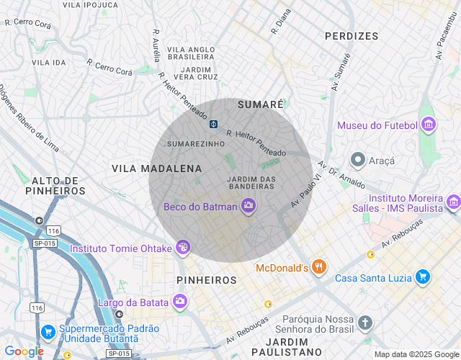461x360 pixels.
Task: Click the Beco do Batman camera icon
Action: [249, 207]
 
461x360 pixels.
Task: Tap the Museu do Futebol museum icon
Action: [429, 125]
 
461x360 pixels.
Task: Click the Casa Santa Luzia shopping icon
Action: [423, 277]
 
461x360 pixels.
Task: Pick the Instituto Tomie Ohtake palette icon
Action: [183, 248]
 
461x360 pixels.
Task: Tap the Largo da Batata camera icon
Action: [180, 301]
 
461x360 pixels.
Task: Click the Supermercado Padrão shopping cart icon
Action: [48, 332]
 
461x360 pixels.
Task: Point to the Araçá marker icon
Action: [357, 158]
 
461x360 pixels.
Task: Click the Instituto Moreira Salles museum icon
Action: [452, 202]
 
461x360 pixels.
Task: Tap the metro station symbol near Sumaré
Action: [214, 124]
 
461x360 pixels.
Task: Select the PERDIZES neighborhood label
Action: [352, 35]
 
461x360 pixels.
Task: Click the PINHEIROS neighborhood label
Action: [207, 279]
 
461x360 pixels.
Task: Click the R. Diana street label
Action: [281, 22]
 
